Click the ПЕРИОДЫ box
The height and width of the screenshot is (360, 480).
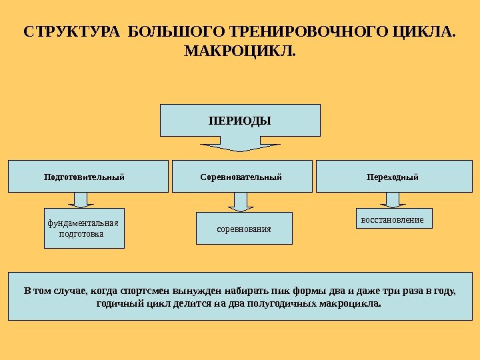coord(240,120)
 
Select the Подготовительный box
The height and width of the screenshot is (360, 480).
coord(88,177)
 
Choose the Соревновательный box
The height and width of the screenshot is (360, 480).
coord(241,177)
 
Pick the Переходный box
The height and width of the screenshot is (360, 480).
coord(393,177)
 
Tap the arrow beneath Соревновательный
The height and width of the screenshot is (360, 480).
coord(241,201)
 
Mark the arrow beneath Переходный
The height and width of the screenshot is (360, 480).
coord(392,199)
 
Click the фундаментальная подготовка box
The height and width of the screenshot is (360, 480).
coord(84,229)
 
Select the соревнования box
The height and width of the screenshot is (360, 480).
coord(244,229)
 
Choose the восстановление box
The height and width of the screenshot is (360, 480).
coord(392,219)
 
